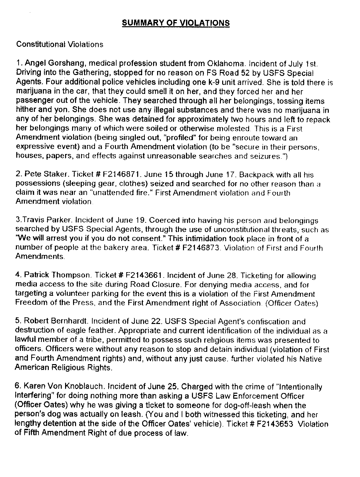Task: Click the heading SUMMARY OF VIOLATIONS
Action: (176, 23)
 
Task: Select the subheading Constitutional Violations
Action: (59, 44)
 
